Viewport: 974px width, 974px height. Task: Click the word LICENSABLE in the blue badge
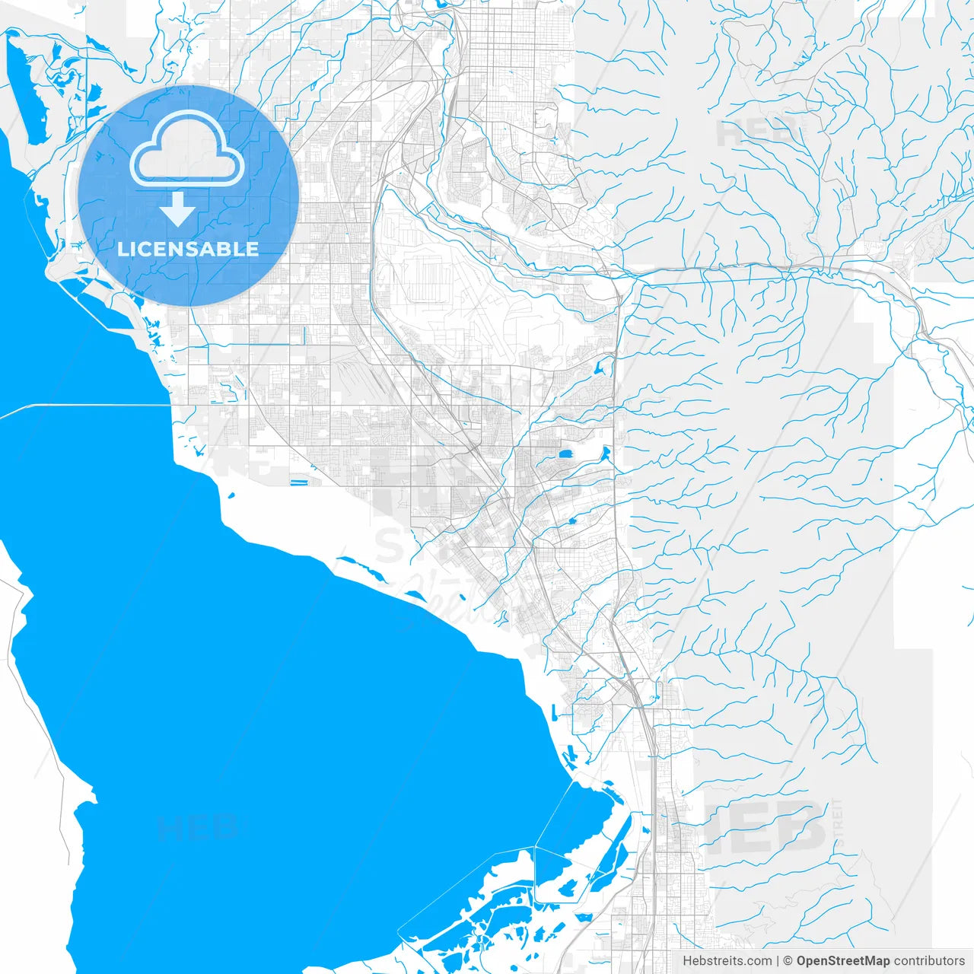tap(188, 249)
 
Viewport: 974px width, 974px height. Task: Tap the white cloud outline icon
tap(187, 149)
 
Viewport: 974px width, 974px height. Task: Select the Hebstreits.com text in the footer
tap(727, 961)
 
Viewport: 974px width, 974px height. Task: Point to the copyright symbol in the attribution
tap(788, 961)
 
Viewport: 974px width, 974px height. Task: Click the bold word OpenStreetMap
tap(843, 961)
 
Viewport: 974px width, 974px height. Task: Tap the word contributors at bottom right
tap(929, 961)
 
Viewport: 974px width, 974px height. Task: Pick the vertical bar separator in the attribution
tap(778, 961)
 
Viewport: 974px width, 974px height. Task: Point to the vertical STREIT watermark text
tap(838, 826)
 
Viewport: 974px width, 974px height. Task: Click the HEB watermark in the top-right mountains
tap(757, 132)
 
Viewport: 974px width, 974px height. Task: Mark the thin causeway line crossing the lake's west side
tap(84, 406)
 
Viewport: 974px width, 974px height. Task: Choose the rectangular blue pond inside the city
tap(567, 455)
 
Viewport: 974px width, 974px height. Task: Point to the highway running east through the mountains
tap(761, 266)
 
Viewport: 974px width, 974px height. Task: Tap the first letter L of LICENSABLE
tap(123, 249)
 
